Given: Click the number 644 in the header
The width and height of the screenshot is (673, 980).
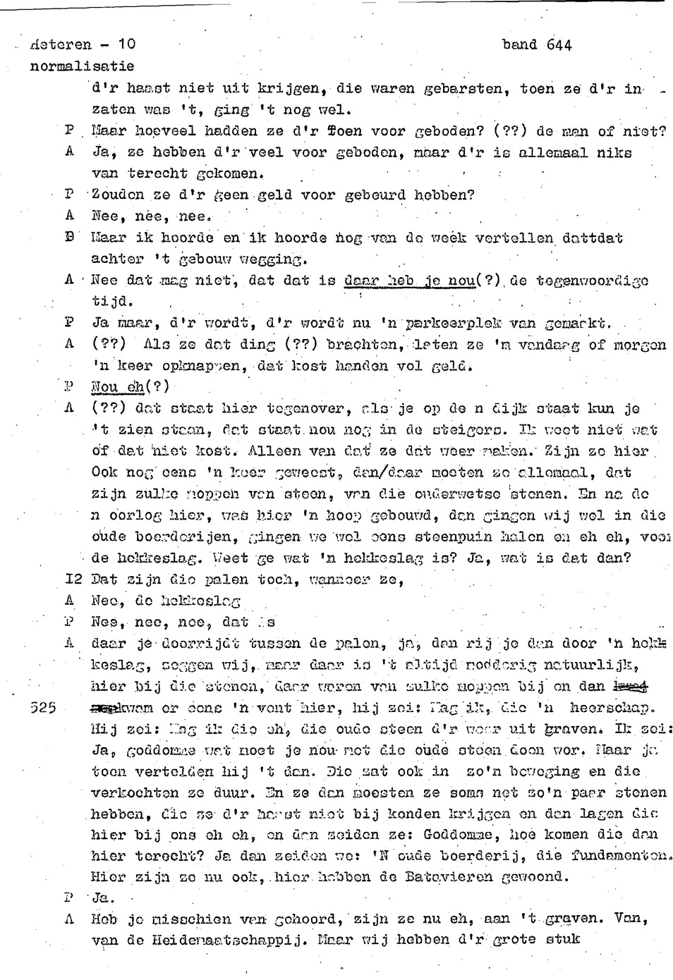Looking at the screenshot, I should [559, 45].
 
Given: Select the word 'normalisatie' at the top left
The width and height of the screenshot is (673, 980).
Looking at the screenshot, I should [82, 66].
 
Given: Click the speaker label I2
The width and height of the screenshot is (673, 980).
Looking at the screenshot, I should [73, 580].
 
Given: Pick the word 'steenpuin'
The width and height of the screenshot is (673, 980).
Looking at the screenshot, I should [437, 537].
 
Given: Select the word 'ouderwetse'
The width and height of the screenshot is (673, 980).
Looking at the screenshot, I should [479, 494].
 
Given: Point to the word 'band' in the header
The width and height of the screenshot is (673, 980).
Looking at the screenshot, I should [519, 45].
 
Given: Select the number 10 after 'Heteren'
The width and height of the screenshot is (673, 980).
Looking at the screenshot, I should [127, 45].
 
